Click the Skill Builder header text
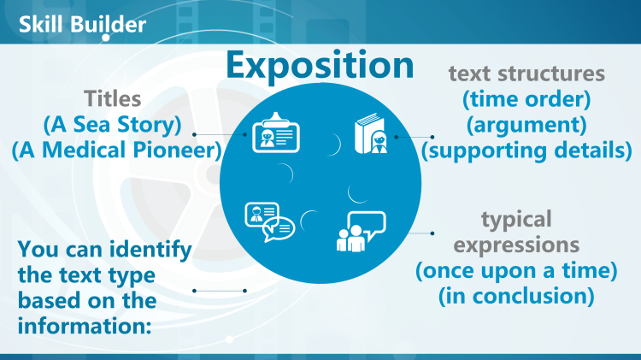pos(82,25)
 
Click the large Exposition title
pos(320,66)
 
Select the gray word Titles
pos(113,98)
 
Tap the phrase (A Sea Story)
pos(113,125)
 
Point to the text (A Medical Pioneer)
pos(116,150)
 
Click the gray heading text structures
pos(526,74)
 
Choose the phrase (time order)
pos(526,99)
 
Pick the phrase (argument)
pos(526,125)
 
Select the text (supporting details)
pos(526,150)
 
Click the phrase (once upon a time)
pos(516,270)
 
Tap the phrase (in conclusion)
pos(516,296)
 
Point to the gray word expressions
pos(516,245)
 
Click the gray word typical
pos(516,220)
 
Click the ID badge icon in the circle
pos(276,133)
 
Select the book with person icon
pos(371,133)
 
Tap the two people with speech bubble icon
pos(361,232)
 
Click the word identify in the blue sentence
pos(150,250)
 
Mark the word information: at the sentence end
pos(85,326)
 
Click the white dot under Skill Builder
pos(105,38)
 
